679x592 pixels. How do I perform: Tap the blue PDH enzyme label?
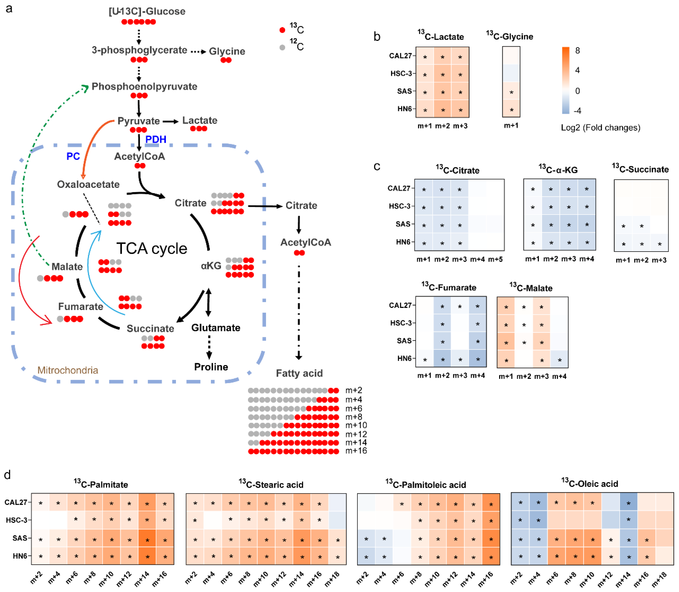(156, 139)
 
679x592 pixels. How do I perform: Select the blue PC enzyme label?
(73, 156)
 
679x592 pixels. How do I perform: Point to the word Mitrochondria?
(68, 370)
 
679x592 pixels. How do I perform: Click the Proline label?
(211, 367)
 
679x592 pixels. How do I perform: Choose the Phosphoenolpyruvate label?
(144, 87)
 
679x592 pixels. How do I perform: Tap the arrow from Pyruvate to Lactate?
(171, 122)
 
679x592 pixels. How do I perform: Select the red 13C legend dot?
(282, 30)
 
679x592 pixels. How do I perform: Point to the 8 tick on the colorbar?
(577, 51)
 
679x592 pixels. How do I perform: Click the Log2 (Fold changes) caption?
(600, 128)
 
